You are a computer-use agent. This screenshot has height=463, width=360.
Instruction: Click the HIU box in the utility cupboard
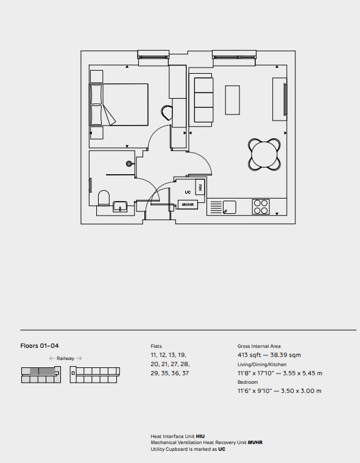(200, 187)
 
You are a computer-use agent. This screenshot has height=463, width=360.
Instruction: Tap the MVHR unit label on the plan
(188, 204)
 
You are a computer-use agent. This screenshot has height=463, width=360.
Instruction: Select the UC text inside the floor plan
(188, 193)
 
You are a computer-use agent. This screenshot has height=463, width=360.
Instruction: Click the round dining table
(264, 155)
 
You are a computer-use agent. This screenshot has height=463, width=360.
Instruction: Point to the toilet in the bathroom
(104, 197)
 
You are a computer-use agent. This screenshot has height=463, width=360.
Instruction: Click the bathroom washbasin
(120, 207)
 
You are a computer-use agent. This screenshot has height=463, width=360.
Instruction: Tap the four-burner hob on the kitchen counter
(261, 207)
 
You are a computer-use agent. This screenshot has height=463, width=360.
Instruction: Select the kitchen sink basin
(229, 207)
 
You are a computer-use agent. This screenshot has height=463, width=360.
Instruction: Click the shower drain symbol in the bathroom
(129, 164)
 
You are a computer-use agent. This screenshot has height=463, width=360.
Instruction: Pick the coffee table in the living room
(233, 100)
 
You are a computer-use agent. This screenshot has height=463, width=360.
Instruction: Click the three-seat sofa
(203, 100)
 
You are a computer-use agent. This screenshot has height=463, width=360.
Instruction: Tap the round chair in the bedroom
(167, 113)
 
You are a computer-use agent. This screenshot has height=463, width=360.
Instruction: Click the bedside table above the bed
(97, 77)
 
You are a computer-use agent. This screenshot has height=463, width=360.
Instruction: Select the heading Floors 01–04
(40, 346)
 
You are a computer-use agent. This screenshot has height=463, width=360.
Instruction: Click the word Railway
(65, 358)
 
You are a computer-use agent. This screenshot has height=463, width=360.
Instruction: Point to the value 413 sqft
(249, 355)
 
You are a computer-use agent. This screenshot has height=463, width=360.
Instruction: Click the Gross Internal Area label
(259, 346)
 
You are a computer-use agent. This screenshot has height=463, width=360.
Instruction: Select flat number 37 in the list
(185, 373)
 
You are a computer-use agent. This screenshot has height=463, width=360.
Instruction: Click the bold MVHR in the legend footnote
(255, 443)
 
